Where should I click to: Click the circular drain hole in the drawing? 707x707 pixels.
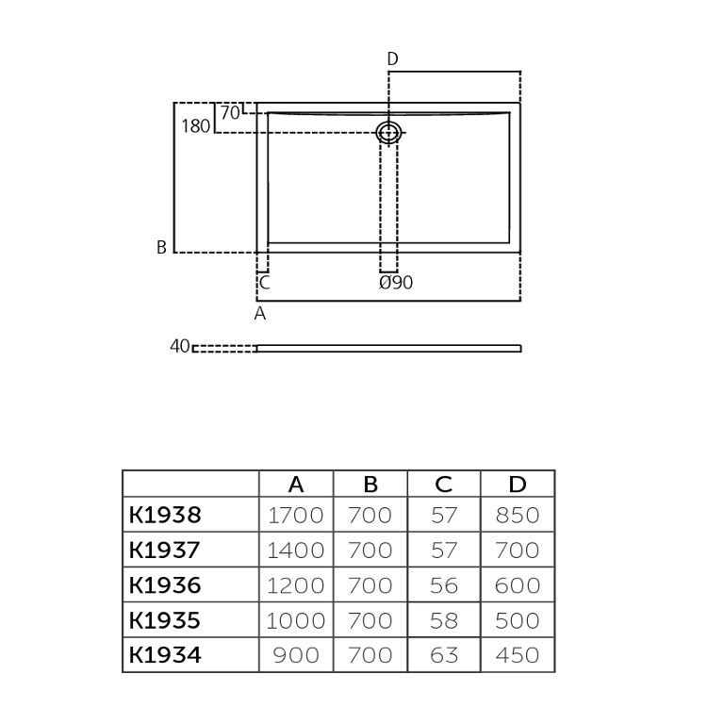[x=388, y=132]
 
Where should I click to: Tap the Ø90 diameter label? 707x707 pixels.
[x=396, y=283]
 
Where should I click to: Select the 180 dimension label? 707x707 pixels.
[x=195, y=125]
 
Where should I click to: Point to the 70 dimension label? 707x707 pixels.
[x=229, y=112]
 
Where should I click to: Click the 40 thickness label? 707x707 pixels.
[x=179, y=347]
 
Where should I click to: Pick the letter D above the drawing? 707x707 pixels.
[x=392, y=59]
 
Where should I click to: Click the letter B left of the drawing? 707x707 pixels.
[x=162, y=248]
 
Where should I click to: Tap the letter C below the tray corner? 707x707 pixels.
[x=265, y=282]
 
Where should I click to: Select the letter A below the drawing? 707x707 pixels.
[x=260, y=314]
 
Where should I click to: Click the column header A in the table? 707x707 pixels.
[x=296, y=485]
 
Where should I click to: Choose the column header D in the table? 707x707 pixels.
[x=518, y=485]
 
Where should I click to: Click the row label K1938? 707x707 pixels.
[x=165, y=515]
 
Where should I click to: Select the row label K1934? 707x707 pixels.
[x=165, y=654]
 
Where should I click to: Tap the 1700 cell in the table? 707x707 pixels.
[x=296, y=515]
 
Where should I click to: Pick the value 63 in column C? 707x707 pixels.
[x=444, y=654]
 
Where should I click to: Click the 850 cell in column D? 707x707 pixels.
[x=518, y=515]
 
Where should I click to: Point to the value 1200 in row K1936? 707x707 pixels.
[x=296, y=584]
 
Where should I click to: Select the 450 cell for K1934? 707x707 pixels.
[x=518, y=654]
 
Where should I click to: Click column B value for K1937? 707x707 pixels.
[x=370, y=550]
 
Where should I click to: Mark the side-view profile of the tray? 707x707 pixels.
[x=388, y=348]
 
